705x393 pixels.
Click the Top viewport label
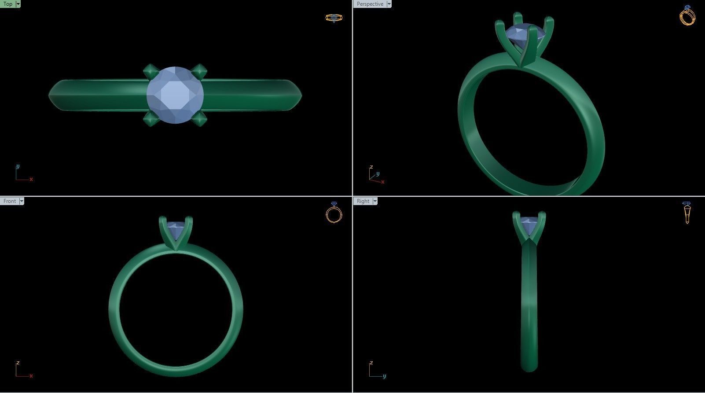click(8, 4)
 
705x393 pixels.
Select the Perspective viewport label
click(370, 4)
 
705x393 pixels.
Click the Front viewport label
click(9, 201)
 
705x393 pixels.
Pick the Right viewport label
click(363, 201)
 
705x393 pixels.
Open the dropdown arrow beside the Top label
click(18, 4)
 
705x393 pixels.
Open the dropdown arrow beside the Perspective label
click(389, 4)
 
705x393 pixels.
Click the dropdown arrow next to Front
click(22, 201)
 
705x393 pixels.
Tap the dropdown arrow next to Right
click(375, 201)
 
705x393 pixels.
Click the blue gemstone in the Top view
click(175, 95)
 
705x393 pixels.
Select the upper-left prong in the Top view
click(150, 70)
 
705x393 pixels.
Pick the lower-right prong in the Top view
click(200, 119)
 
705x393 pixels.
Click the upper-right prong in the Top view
click(200, 70)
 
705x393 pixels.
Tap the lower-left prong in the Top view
click(150, 119)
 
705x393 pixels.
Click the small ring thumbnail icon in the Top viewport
click(334, 18)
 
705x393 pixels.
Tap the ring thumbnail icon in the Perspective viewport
click(687, 16)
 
